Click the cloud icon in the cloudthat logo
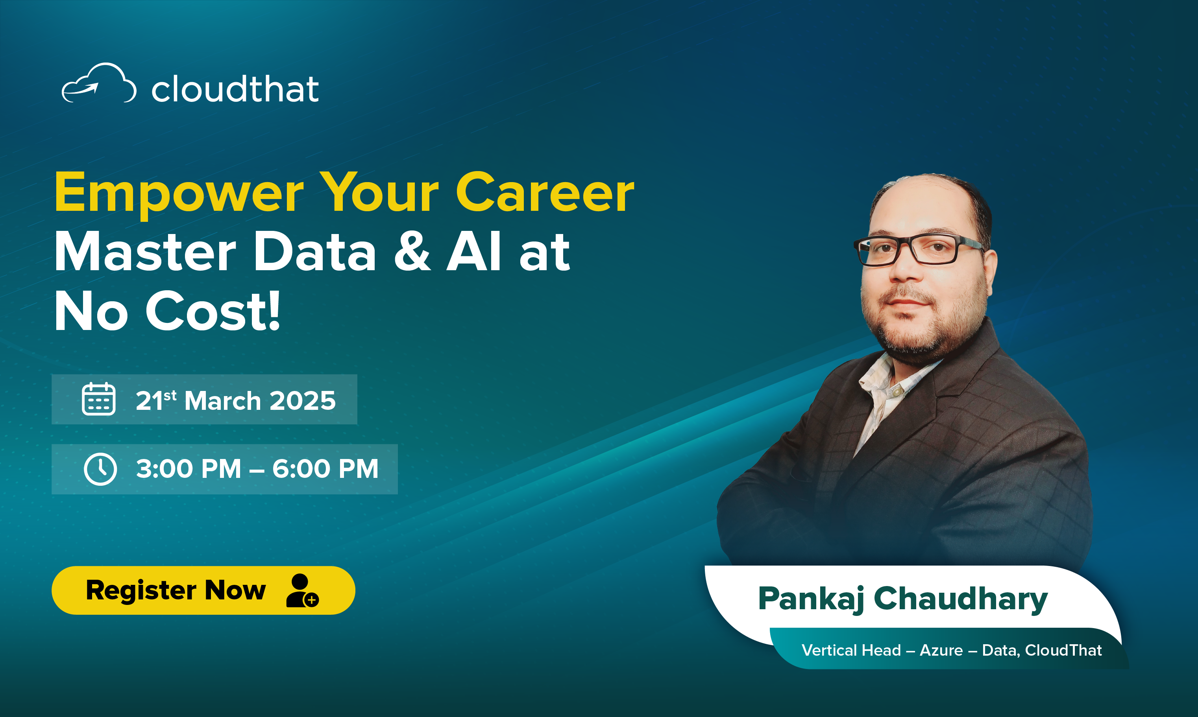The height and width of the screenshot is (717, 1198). [99, 83]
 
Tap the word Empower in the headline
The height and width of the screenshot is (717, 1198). [179, 193]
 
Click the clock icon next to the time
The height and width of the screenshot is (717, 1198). [100, 469]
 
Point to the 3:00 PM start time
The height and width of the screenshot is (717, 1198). [189, 469]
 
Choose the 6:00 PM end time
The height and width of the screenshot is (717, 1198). [325, 469]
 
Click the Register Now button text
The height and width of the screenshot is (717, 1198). [176, 590]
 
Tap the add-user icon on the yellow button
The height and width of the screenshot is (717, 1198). [302, 590]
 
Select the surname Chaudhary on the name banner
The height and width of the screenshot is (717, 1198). [961, 599]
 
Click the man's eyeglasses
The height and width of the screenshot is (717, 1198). [919, 249]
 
